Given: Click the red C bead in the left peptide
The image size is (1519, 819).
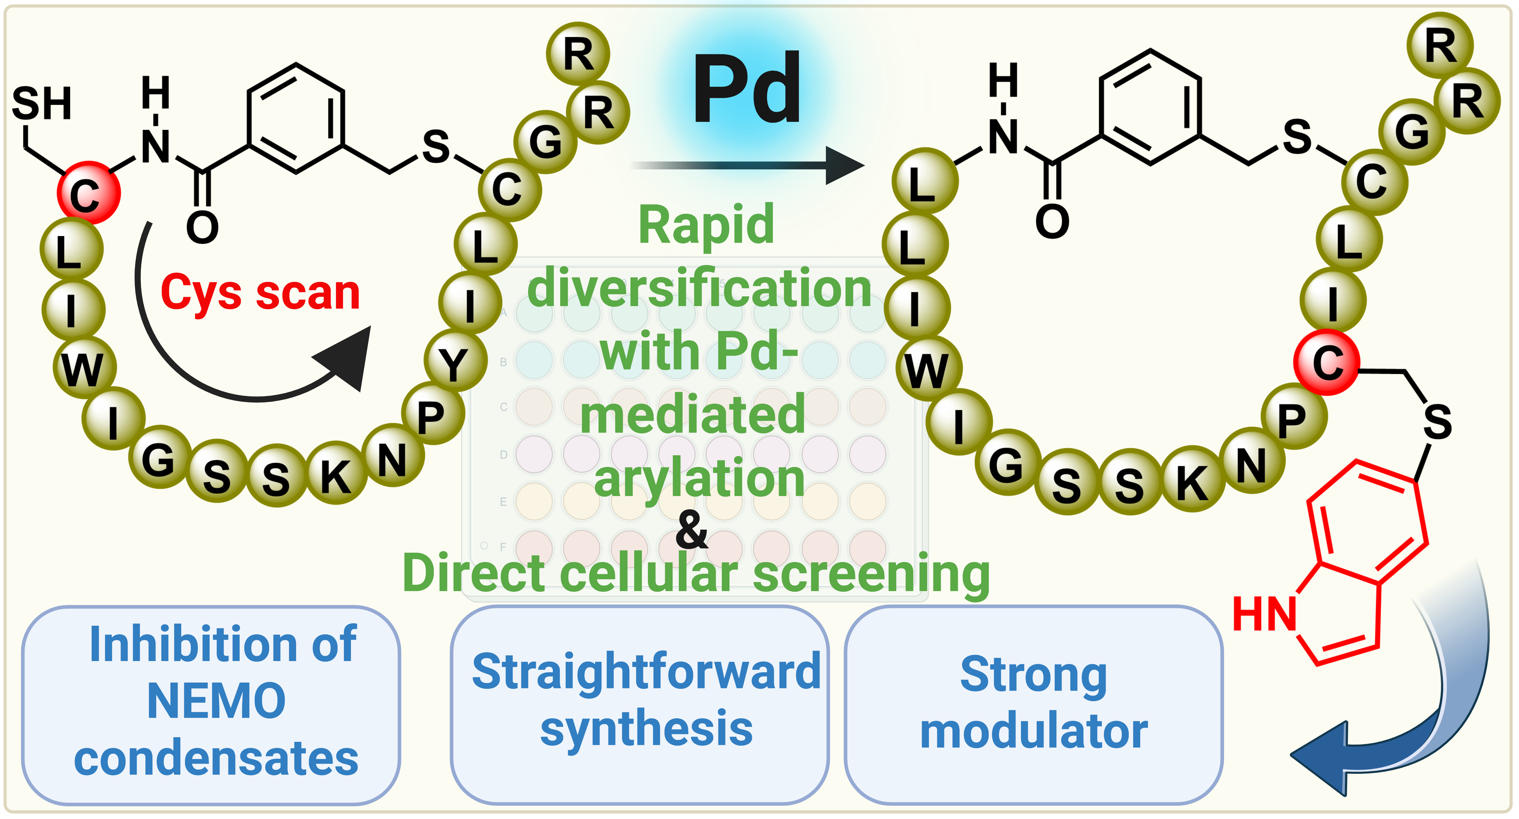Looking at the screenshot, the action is [88, 192].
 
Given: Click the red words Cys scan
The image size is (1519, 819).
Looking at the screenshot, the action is [260, 293].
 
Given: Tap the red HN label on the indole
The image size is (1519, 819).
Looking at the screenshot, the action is [1264, 614].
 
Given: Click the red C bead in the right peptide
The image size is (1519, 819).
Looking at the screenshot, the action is [1327, 362].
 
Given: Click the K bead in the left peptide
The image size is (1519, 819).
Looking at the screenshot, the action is [336, 473].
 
